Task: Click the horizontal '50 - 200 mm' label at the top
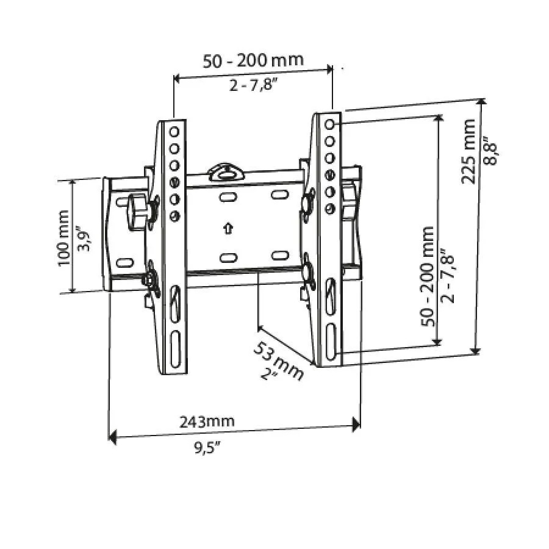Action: pos(253,61)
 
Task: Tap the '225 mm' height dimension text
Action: pos(468,151)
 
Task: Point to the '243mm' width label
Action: pos(207,422)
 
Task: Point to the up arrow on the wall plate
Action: pos(228,229)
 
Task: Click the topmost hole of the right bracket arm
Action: pos(330,124)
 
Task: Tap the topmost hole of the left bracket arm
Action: pos(174,131)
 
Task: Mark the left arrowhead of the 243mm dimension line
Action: pos(112,436)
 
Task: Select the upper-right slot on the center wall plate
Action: pos(279,195)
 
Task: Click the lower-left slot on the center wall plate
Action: pos(228,257)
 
